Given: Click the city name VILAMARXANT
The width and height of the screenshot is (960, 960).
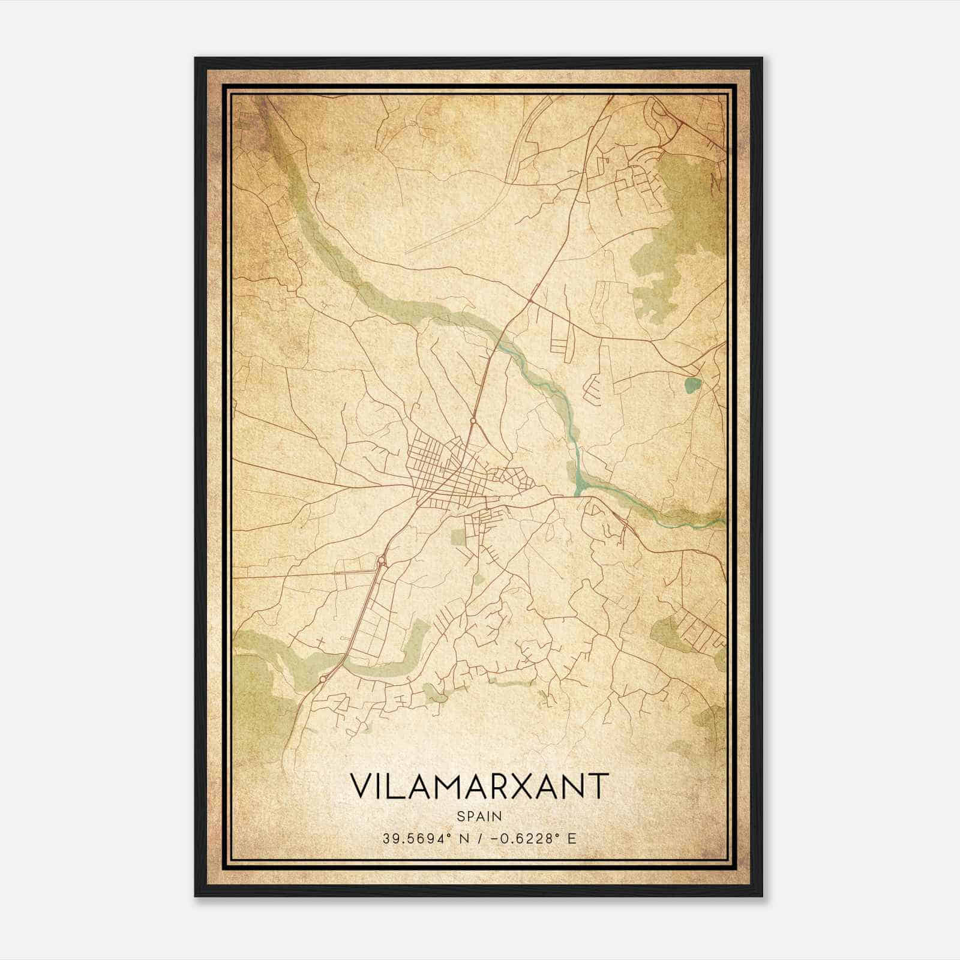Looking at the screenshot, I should tap(479, 786).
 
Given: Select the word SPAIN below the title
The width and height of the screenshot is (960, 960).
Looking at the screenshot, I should tap(479, 816).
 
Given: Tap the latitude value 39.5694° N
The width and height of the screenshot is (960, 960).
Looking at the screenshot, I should tap(420, 838).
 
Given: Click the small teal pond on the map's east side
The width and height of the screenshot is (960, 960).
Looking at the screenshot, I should tap(692, 385).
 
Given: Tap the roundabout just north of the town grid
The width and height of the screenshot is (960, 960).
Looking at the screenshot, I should tap(473, 421).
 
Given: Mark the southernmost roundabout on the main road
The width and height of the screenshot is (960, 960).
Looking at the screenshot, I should tap(323, 679).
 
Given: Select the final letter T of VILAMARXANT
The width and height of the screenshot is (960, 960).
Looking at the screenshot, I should tap(599, 786).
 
